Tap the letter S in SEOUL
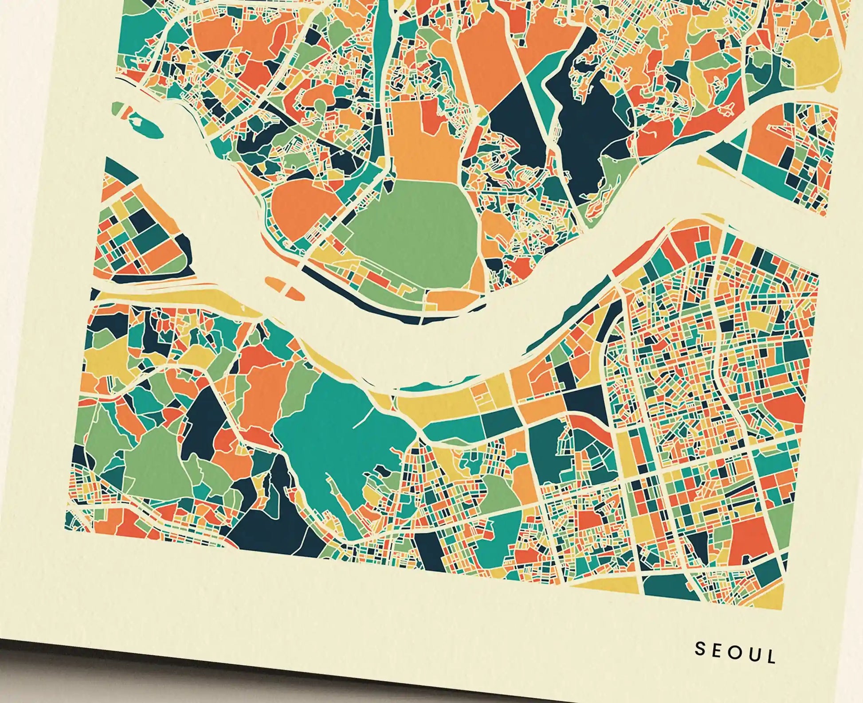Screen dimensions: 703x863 click(x=700, y=648)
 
